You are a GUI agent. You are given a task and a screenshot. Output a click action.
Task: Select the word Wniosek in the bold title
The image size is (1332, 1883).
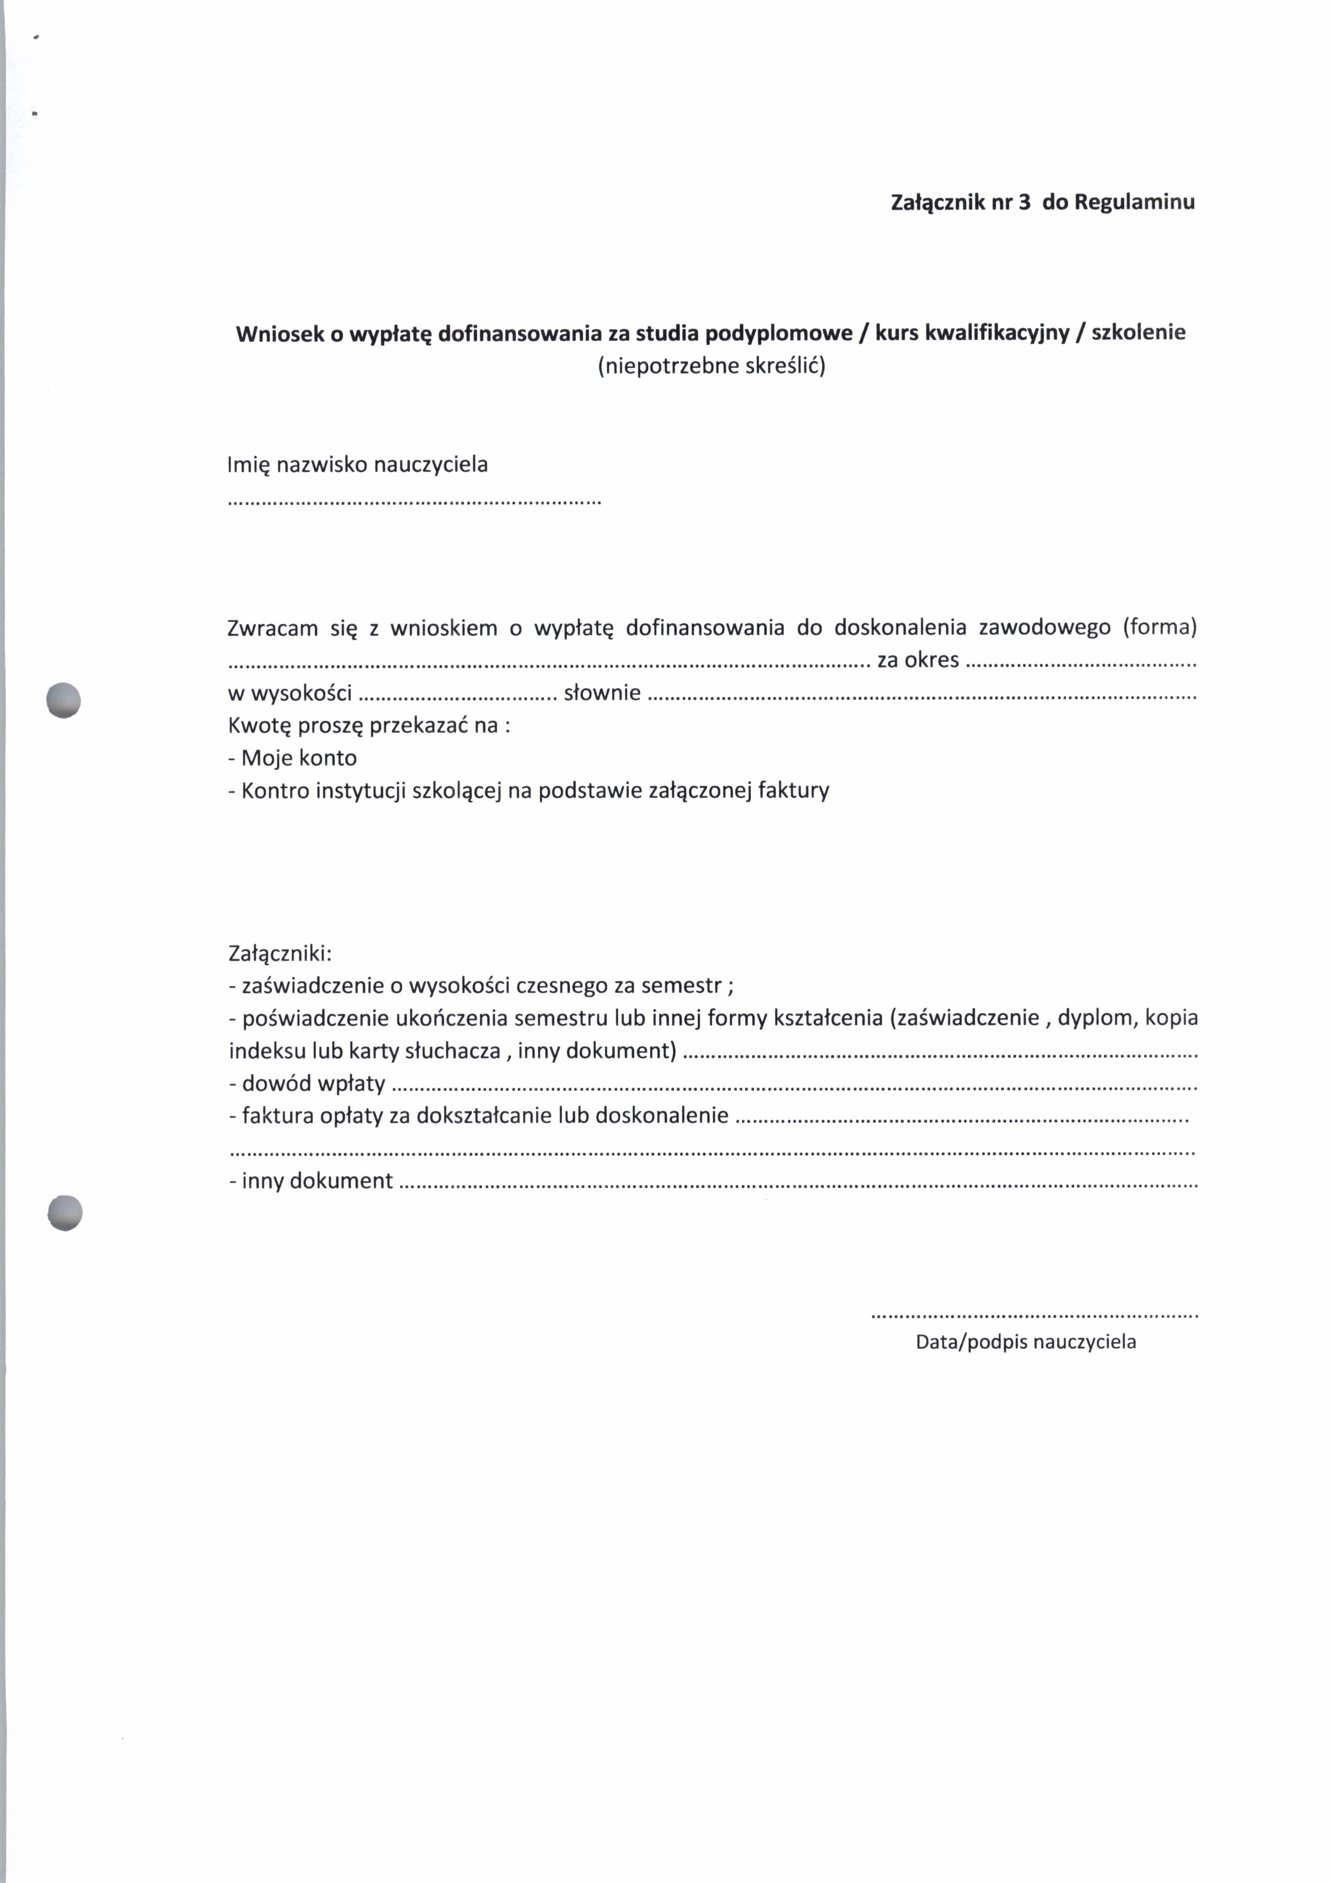pos(279,334)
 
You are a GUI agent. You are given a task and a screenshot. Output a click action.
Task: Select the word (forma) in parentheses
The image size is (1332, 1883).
pos(1160,627)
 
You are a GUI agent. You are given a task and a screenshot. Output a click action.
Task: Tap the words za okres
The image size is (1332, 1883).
pos(918,660)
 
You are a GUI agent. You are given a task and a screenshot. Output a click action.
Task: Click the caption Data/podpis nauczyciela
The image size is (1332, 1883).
pos(1025,1342)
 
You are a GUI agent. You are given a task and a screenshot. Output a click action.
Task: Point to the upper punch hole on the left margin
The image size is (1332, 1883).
pos(64,700)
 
